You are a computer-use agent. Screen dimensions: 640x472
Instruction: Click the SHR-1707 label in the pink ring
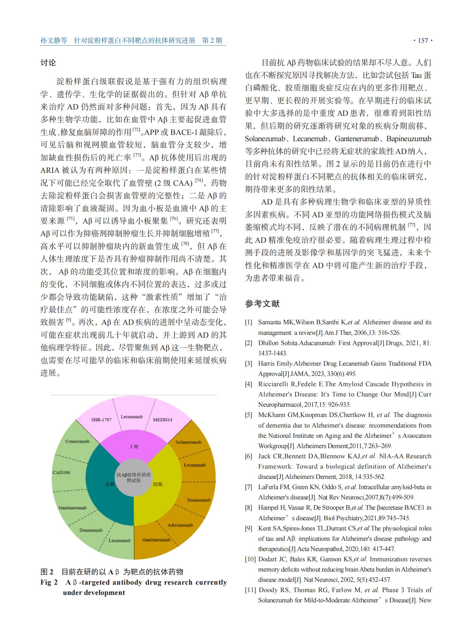(101, 420)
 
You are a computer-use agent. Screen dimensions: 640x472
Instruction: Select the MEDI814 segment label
(163, 420)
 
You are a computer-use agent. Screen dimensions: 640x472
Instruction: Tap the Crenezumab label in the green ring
(77, 441)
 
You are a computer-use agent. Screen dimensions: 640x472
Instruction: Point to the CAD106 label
(61, 473)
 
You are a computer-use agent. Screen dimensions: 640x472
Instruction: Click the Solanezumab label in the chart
(189, 442)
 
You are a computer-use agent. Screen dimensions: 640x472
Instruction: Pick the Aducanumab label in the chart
(180, 525)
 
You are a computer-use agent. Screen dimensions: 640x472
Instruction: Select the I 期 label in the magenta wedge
(134, 447)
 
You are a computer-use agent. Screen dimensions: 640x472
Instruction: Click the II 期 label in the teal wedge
(110, 484)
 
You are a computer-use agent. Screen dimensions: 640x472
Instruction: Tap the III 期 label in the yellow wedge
(158, 484)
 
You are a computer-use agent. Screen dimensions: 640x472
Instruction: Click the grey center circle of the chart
(134, 478)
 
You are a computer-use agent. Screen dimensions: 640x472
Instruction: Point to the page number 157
(423, 41)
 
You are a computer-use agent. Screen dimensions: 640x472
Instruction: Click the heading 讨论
(48, 63)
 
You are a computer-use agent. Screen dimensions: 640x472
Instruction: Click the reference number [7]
(248, 487)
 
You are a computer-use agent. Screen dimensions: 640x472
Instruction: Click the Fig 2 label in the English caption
(49, 582)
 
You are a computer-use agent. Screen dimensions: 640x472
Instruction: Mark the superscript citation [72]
(136, 130)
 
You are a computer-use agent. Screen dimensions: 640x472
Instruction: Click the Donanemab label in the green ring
(91, 530)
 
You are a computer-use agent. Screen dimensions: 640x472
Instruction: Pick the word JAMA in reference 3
(300, 374)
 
